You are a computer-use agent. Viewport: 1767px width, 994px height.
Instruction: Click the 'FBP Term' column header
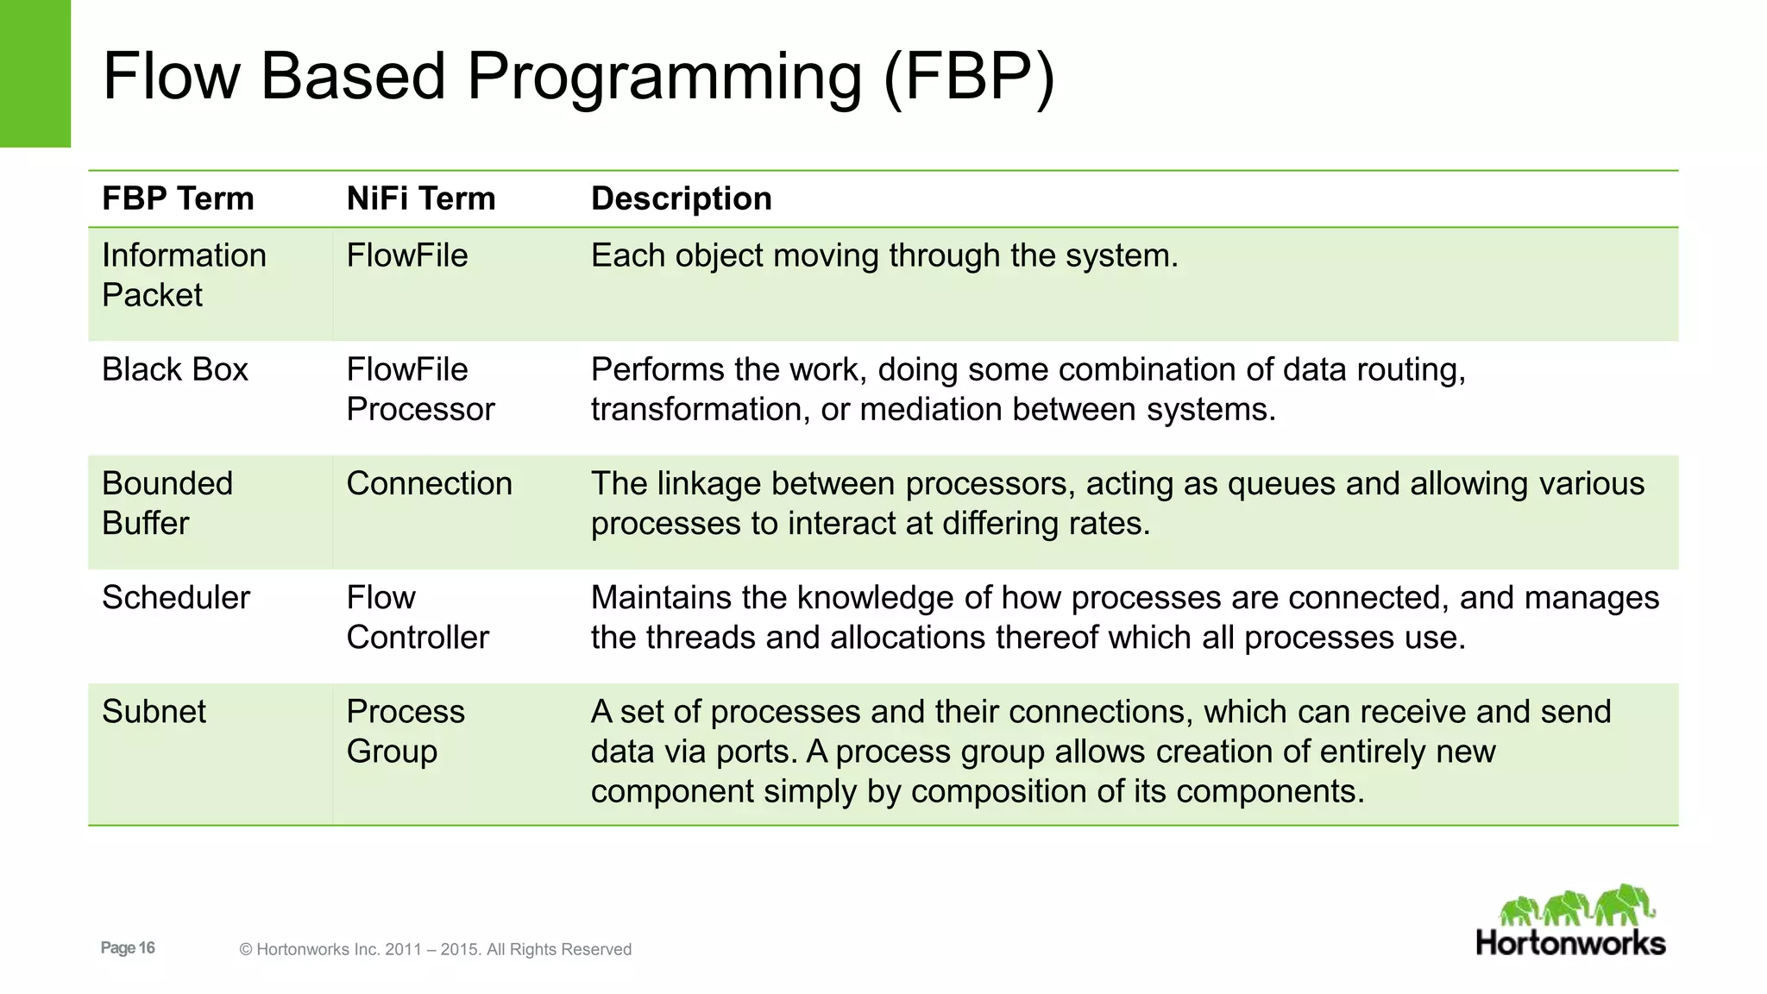178,199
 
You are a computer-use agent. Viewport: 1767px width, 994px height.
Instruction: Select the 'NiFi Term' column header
420,199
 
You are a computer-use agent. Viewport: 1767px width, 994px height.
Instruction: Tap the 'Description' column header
681,199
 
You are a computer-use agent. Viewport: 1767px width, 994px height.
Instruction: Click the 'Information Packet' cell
183,275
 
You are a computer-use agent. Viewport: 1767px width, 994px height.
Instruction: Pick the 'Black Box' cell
174,370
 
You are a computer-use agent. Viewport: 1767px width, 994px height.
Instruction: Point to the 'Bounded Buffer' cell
167,503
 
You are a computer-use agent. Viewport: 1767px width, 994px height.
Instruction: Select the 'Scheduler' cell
175,598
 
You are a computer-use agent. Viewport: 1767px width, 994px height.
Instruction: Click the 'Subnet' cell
154,712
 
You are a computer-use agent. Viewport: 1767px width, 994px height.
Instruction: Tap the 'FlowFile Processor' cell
419,389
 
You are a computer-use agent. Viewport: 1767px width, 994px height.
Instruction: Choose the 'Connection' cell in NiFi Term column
429,484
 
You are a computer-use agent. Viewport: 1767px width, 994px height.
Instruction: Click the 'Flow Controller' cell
417,617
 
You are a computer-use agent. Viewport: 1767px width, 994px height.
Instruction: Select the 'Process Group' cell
405,731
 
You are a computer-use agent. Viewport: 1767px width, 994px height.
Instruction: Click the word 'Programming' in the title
663,78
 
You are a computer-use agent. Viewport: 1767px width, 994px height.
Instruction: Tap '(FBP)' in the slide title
969,78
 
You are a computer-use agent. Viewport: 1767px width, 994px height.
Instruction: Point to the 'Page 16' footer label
128,948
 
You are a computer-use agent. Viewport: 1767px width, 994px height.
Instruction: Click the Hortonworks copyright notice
435,950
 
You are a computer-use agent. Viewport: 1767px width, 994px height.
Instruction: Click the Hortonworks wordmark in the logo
1570,943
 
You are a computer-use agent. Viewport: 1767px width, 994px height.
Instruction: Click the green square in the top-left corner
35,73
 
